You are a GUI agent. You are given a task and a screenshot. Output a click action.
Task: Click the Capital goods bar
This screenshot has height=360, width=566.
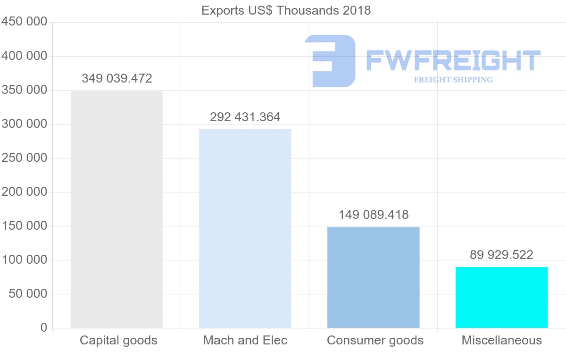pos(117,209)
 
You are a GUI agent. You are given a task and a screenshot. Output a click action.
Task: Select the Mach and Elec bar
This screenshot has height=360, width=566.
pos(245,228)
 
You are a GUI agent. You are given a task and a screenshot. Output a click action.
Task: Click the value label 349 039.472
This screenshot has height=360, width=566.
pos(117,78)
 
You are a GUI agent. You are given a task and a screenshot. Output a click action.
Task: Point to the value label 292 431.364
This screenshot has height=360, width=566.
pos(245,117)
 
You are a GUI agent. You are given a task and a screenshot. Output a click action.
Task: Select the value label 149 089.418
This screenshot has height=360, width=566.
pos(374,215)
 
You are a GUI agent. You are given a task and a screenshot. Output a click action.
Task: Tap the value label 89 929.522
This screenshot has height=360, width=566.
pos(501,255)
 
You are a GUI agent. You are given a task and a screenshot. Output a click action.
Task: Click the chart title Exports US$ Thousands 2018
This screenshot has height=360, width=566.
pos(286,10)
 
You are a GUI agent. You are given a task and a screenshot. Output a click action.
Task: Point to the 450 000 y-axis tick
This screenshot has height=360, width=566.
pos(25,22)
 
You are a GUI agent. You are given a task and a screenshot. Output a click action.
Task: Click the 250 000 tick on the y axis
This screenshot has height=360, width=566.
pos(25,158)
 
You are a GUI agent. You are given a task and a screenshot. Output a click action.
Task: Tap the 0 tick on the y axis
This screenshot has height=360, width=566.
pos(44,328)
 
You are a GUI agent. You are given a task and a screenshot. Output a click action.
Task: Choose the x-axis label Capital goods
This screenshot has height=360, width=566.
pos(118,340)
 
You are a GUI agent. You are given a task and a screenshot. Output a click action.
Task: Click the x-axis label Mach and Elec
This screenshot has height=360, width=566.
pos(245,340)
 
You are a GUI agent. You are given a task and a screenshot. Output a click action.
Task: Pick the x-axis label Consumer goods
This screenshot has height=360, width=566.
pos(375,340)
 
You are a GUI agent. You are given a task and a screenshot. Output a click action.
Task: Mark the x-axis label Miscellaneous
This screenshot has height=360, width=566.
pos(501,340)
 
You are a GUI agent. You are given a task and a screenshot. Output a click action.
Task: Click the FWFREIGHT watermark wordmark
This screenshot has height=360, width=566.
pos(453,61)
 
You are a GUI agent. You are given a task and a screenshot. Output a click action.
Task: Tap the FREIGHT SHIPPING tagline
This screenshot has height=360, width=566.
pos(453,80)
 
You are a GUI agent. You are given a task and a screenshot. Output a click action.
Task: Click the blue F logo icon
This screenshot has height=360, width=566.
pos(330,61)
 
